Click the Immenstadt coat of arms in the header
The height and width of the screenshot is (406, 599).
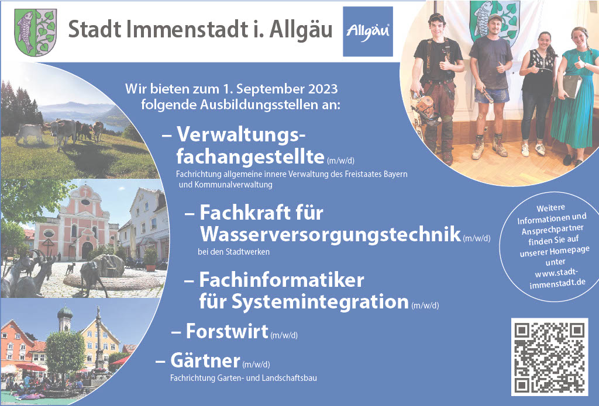click(x=35, y=32)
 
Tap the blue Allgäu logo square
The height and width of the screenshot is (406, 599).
click(x=368, y=32)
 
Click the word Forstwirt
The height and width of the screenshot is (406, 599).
click(x=227, y=331)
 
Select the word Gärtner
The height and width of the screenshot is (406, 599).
click(x=205, y=360)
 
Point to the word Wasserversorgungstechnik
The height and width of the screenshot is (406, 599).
click(x=331, y=234)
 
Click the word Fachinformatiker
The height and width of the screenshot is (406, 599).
click(x=281, y=280)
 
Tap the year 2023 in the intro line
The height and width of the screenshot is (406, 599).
click(x=323, y=89)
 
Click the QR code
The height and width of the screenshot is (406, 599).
click(x=549, y=357)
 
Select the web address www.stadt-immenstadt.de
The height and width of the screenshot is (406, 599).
click(x=557, y=278)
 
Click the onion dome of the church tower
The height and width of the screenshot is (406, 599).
click(x=65, y=313)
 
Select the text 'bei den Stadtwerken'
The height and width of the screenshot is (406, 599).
click(x=233, y=252)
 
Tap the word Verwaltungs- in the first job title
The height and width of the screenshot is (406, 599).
click(x=241, y=134)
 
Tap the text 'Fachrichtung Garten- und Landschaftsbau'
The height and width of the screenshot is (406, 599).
click(x=243, y=378)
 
